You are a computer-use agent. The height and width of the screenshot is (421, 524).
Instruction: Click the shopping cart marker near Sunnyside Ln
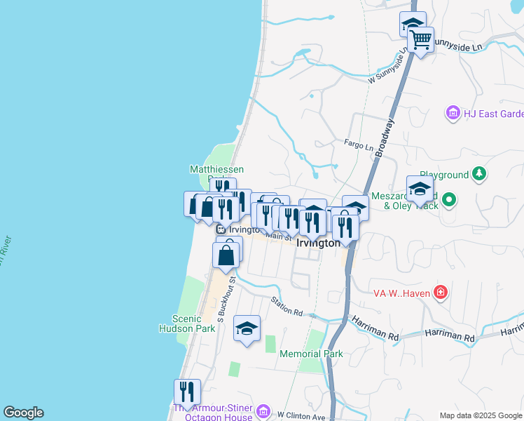click(x=420, y=40)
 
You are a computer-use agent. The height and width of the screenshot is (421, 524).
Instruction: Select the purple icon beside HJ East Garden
click(x=453, y=113)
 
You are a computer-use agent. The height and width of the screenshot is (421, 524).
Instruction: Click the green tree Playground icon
click(x=479, y=173)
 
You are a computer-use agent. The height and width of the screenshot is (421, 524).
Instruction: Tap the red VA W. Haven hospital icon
click(x=440, y=292)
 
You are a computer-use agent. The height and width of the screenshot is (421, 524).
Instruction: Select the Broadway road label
click(x=385, y=138)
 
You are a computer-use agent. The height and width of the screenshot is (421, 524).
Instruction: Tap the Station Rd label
click(x=287, y=306)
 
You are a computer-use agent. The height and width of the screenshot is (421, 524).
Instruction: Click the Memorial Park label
click(x=311, y=354)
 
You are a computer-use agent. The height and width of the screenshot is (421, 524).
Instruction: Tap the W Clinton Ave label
click(x=301, y=416)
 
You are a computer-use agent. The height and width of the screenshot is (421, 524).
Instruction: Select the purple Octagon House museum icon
click(x=263, y=410)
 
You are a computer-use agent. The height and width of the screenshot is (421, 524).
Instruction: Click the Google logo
click(x=23, y=413)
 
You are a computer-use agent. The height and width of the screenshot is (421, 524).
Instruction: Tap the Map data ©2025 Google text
click(x=480, y=415)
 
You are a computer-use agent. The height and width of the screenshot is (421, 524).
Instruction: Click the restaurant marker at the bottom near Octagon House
click(x=187, y=391)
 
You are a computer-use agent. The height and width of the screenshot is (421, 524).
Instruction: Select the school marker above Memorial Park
click(x=247, y=328)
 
